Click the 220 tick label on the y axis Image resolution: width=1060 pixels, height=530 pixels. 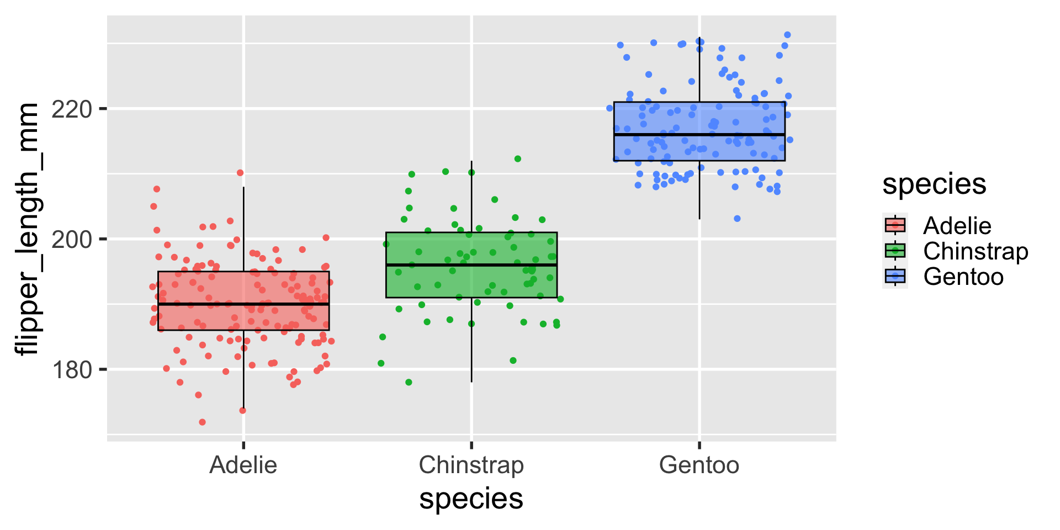point(71,109)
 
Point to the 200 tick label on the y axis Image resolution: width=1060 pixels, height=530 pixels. point(71,240)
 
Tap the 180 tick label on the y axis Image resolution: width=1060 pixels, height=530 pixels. point(71,370)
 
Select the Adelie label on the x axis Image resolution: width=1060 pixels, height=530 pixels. point(243,465)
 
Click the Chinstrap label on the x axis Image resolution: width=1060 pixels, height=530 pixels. point(471,465)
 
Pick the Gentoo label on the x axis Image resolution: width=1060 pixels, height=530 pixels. point(699,465)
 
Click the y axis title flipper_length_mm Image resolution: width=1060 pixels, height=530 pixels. point(26,229)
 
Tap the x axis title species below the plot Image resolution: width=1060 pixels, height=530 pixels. point(471,499)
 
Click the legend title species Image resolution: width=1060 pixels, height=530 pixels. point(934,184)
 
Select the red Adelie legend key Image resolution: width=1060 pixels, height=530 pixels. point(895,225)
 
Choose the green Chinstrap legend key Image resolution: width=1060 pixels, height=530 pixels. point(895,251)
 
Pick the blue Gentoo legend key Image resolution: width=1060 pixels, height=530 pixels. point(895,276)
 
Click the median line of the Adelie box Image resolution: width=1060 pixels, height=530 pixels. point(243,304)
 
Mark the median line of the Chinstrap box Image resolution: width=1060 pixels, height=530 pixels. point(471,265)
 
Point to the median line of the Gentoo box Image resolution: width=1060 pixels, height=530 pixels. point(699,135)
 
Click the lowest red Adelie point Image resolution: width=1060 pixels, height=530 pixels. point(202,422)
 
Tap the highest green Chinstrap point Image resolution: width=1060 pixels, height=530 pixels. point(518,159)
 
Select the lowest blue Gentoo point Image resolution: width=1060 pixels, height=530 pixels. point(737,219)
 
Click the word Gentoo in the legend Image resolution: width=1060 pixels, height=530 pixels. point(963,277)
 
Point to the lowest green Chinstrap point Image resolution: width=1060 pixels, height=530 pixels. point(409,382)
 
